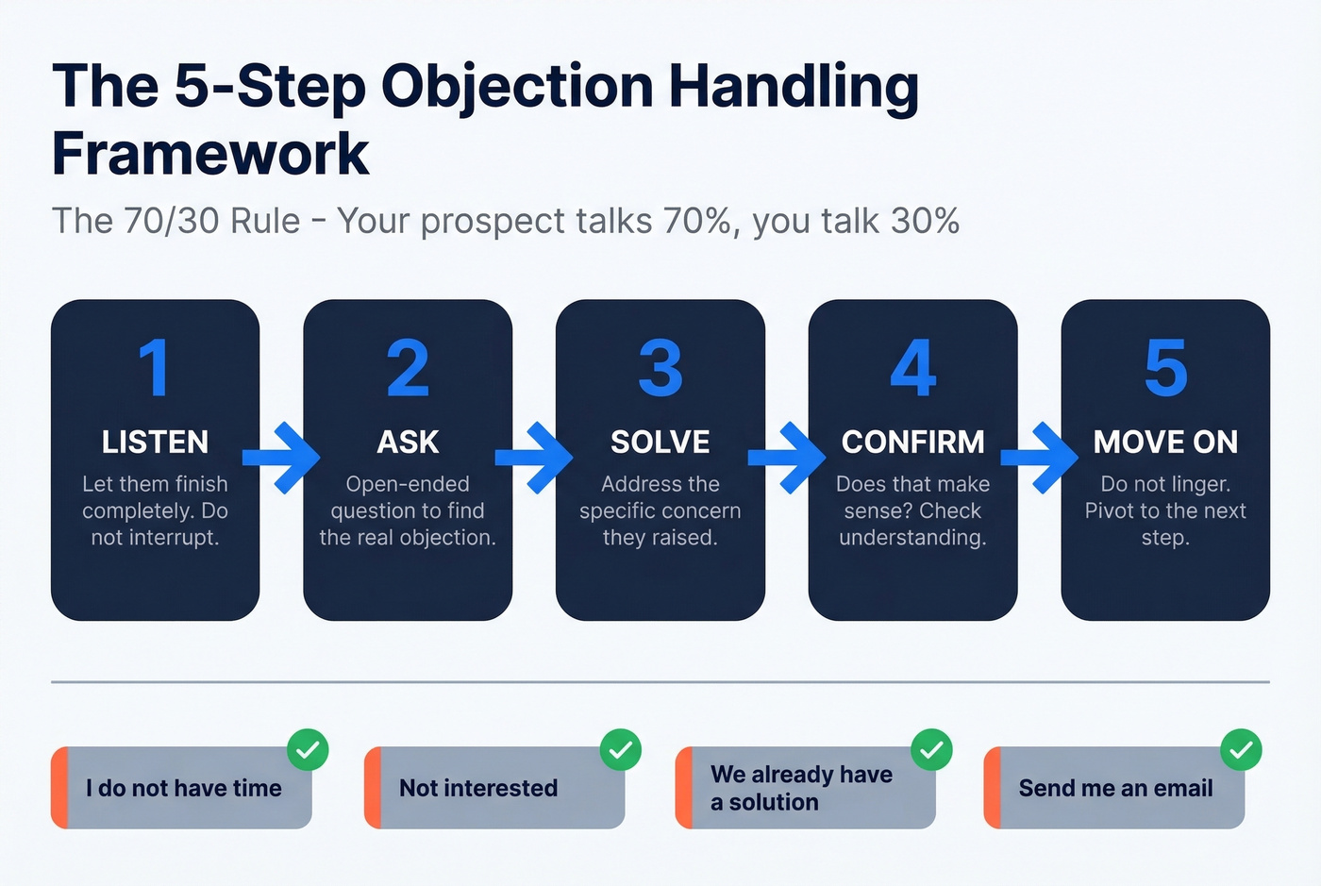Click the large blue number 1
(x=154, y=368)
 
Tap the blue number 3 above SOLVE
(x=660, y=368)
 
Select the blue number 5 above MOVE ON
(x=1165, y=368)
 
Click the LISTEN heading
(x=155, y=442)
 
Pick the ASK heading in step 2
(x=408, y=442)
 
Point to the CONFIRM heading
(x=912, y=442)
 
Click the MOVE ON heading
(x=1165, y=442)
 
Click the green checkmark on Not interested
(x=621, y=750)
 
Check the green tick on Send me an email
(x=1241, y=750)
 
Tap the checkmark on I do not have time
(x=308, y=750)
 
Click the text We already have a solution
(x=800, y=788)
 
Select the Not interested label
(x=478, y=788)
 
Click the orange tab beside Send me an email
(x=992, y=788)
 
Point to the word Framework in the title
(x=210, y=154)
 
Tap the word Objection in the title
(x=517, y=87)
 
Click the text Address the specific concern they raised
(x=660, y=510)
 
